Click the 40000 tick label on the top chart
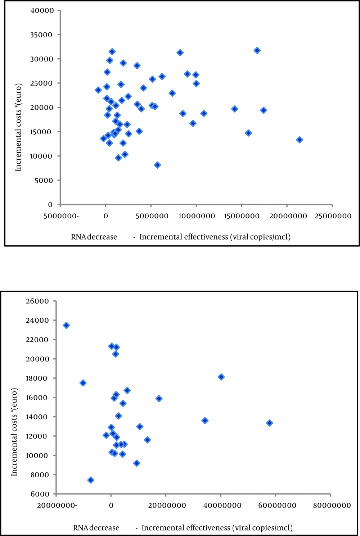[x=41, y=11]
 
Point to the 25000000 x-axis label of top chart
[x=333, y=216]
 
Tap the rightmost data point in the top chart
[x=300, y=140]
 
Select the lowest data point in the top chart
[x=157, y=165]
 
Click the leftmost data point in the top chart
[x=98, y=90]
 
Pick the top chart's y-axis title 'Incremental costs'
[x=18, y=127]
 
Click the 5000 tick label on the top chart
[x=44, y=181]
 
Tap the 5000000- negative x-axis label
[x=61, y=216]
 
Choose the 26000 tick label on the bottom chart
[x=37, y=301]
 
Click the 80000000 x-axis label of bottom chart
[x=332, y=506]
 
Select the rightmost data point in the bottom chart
[x=269, y=423]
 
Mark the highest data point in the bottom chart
[x=66, y=326]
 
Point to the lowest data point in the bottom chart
[x=91, y=480]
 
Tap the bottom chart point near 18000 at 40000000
[x=221, y=377]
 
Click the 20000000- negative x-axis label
[x=57, y=506]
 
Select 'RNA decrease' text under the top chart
[x=94, y=237]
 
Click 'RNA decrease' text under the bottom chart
[x=96, y=528]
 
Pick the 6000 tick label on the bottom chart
[x=40, y=494]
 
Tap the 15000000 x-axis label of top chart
[x=242, y=216]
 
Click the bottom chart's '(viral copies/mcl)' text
[x=262, y=528]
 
